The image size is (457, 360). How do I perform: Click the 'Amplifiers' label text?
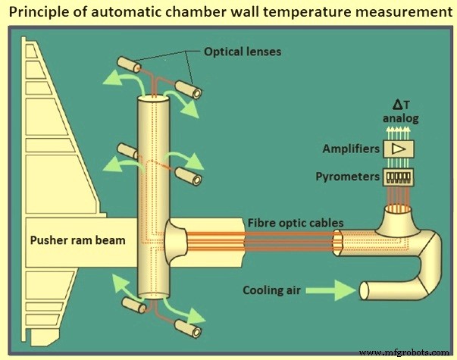tap(351, 149)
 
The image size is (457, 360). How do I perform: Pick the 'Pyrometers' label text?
tap(349, 176)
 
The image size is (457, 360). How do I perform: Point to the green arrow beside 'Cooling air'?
tap(331, 289)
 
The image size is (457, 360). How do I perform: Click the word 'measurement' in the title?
tap(397, 13)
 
